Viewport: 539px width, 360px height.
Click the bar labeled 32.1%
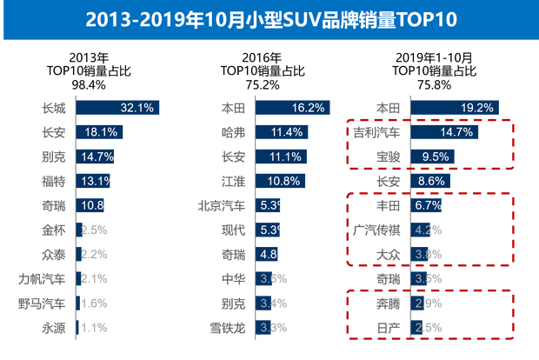coord(119,108)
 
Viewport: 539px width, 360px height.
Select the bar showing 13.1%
coord(96,181)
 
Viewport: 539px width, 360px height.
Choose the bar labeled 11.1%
coord(283,157)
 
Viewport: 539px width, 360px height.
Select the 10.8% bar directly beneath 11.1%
coord(283,181)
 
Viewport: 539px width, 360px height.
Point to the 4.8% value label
coord(275,255)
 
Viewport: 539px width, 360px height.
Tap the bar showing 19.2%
coord(454,108)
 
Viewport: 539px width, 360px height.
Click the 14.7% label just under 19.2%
coord(457,132)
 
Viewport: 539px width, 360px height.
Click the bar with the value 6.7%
coord(426,205)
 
